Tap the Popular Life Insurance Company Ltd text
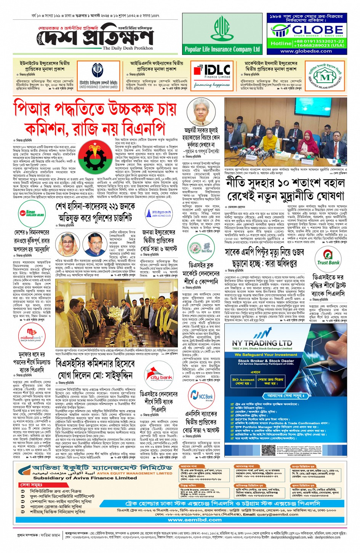click(222, 49)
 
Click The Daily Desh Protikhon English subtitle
click(128, 48)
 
